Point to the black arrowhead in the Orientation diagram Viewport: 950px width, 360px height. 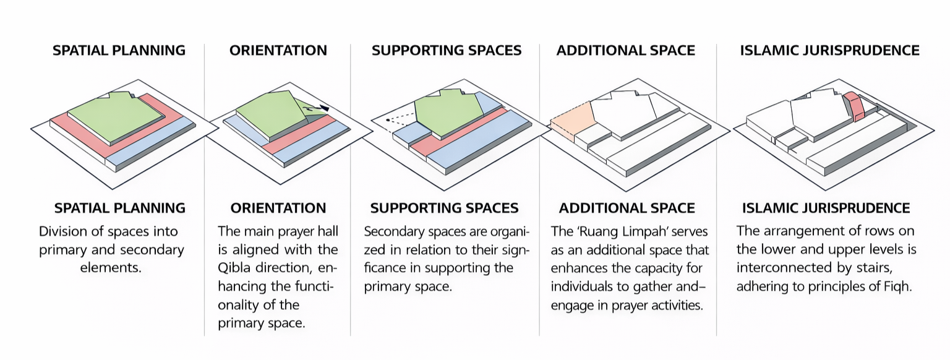pyautogui.click(x=324, y=108)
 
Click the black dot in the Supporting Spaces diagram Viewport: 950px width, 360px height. pyautogui.click(x=387, y=119)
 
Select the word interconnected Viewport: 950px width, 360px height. pyautogui.click(x=781, y=268)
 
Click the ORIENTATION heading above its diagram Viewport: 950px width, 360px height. pyautogui.click(x=278, y=51)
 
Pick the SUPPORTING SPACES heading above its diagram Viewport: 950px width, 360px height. pyautogui.click(x=446, y=51)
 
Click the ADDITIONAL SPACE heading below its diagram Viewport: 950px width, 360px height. pyautogui.click(x=627, y=208)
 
